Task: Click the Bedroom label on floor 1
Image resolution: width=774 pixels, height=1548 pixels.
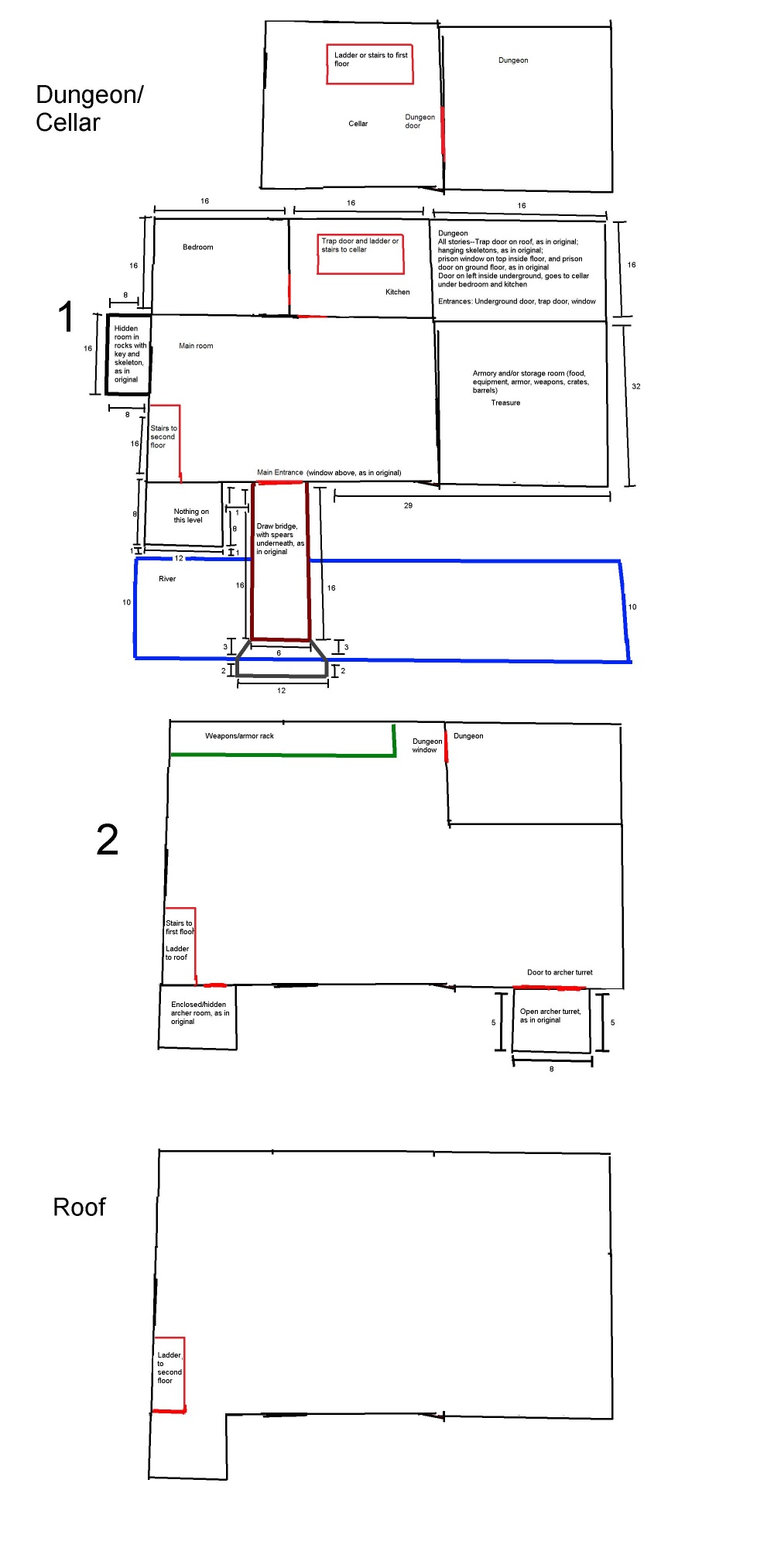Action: (x=198, y=248)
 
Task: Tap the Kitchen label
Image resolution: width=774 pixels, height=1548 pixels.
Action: (x=398, y=292)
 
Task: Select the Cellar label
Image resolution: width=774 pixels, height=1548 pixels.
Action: (x=358, y=124)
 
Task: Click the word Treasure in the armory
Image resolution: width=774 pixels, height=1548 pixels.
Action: (x=505, y=402)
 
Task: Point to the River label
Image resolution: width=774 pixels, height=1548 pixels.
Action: (x=167, y=579)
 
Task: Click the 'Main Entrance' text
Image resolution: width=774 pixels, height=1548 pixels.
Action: (x=280, y=472)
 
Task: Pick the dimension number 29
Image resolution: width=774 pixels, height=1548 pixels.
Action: (x=408, y=505)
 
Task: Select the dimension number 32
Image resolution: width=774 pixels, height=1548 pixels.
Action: (x=636, y=386)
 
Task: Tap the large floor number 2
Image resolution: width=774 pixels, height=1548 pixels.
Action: (x=108, y=840)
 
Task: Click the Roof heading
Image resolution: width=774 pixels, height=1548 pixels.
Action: (x=79, y=1207)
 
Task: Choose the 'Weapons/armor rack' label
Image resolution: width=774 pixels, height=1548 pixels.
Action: (x=239, y=736)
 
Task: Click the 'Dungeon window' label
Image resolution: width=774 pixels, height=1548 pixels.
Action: (x=427, y=745)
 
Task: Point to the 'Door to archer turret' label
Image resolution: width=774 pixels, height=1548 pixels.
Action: (x=560, y=972)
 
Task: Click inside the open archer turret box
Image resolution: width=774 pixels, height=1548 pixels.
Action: (x=551, y=1020)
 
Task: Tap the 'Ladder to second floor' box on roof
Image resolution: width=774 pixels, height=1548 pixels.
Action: (x=170, y=1375)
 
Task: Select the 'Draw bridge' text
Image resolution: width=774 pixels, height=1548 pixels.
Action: (x=277, y=526)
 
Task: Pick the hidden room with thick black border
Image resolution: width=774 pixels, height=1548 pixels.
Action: (x=128, y=354)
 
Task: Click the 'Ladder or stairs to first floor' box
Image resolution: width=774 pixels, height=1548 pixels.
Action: (x=370, y=64)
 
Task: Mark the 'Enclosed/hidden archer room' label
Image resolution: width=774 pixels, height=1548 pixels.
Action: (x=200, y=1013)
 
